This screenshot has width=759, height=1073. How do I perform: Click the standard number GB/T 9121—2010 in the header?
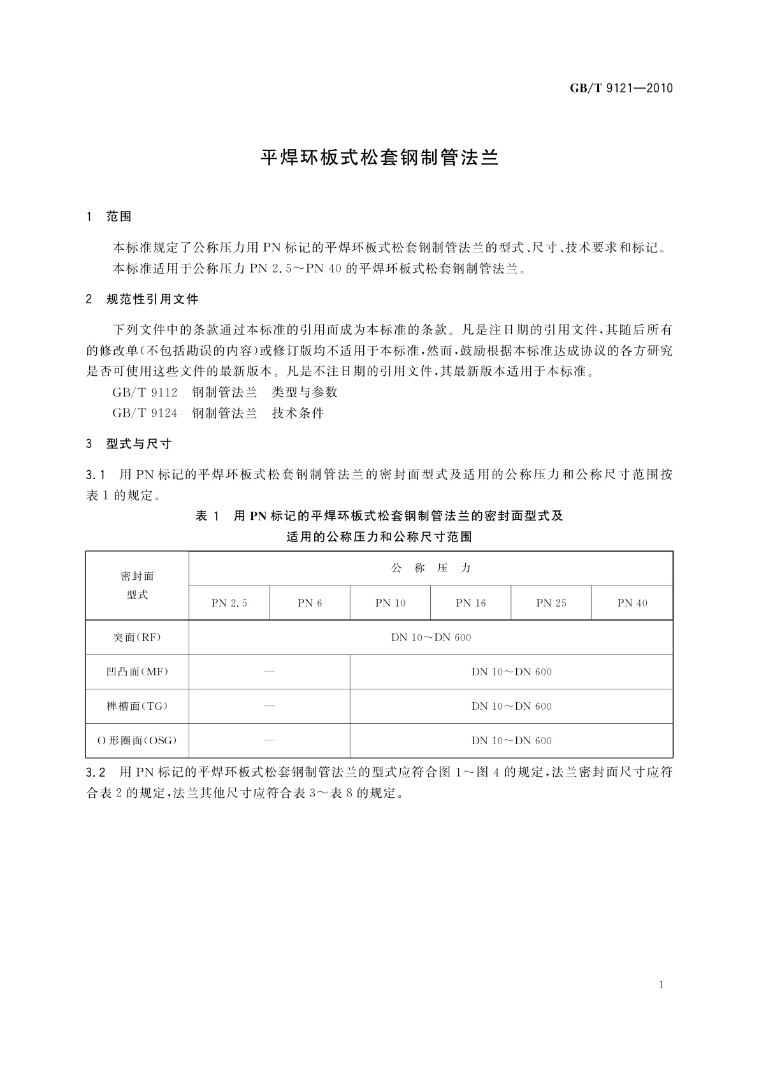[621, 89]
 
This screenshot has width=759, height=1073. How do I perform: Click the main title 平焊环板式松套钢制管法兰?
[380, 157]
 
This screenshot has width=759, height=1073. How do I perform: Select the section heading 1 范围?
[109, 217]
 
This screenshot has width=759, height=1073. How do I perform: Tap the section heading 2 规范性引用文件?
[143, 299]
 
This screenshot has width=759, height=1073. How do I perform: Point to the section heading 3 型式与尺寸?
[129, 444]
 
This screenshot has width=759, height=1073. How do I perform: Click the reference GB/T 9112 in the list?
[145, 392]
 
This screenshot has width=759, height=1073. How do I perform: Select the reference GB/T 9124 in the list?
[145, 414]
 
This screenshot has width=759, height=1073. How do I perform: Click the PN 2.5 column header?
[229, 603]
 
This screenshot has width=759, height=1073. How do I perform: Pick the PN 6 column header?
[310, 603]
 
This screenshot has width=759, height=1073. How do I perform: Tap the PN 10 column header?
[390, 603]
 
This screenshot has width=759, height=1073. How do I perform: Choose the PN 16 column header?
[471, 603]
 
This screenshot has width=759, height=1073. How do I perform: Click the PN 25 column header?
[551, 603]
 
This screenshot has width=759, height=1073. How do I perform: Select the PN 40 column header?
[632, 603]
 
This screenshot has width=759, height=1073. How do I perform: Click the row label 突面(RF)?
[138, 638]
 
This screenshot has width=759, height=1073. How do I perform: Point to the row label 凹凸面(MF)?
[138, 672]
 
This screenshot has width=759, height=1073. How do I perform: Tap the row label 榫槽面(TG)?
[138, 707]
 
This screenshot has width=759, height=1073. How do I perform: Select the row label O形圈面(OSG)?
[138, 741]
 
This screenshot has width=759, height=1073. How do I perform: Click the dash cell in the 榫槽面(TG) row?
[270, 707]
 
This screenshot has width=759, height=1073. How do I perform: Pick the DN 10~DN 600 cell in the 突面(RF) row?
[431, 638]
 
